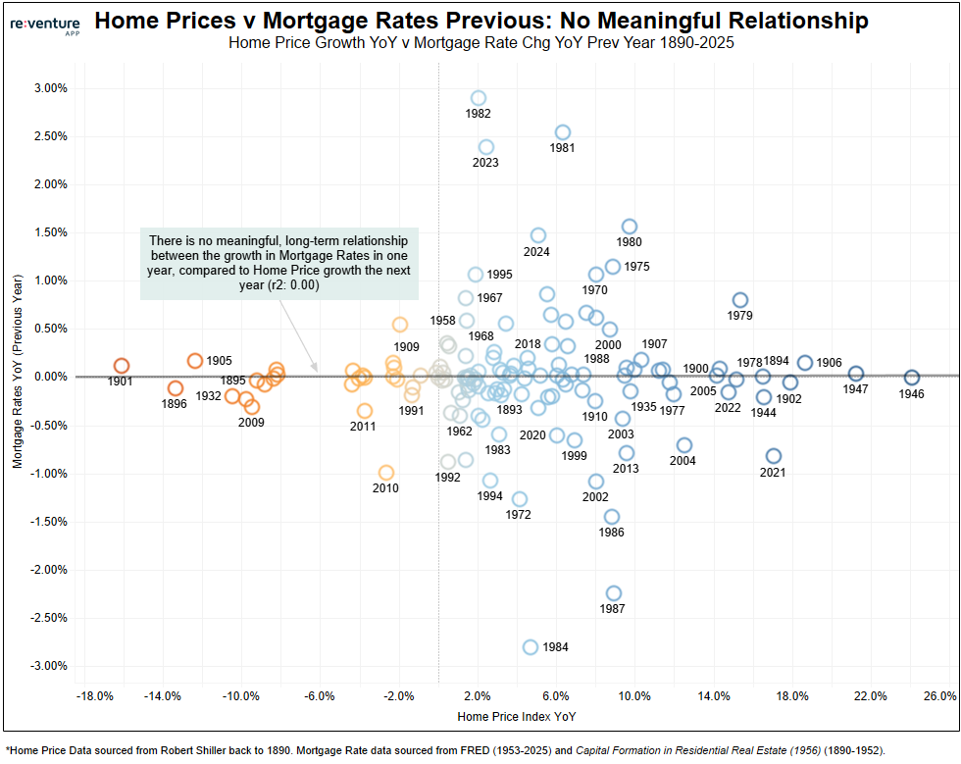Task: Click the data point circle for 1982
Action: [479, 98]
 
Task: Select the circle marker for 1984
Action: [531, 647]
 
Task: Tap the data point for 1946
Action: [912, 378]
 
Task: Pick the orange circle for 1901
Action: [122, 366]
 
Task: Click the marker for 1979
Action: [740, 300]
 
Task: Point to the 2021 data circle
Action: [774, 456]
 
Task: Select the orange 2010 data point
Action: [386, 473]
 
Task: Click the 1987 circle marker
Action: [614, 593]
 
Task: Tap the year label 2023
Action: [485, 163]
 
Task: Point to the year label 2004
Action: [683, 461]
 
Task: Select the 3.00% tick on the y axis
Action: [50, 88]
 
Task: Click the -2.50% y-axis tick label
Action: [48, 618]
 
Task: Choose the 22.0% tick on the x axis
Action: [871, 696]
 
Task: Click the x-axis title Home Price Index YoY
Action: [516, 717]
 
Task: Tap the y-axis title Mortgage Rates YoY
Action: [18, 377]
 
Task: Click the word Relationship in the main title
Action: [772, 21]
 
